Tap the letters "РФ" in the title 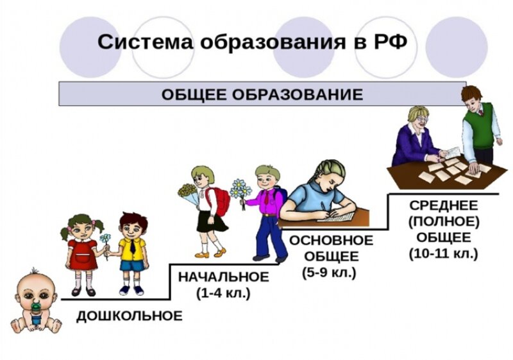(389, 43)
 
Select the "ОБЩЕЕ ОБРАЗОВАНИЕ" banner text (262, 94)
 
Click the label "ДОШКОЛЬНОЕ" (130, 316)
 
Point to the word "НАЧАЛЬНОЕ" (223, 277)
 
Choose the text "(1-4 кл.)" (223, 294)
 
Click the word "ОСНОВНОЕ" (331, 241)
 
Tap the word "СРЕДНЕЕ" (443, 205)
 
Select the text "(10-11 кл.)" (443, 253)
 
